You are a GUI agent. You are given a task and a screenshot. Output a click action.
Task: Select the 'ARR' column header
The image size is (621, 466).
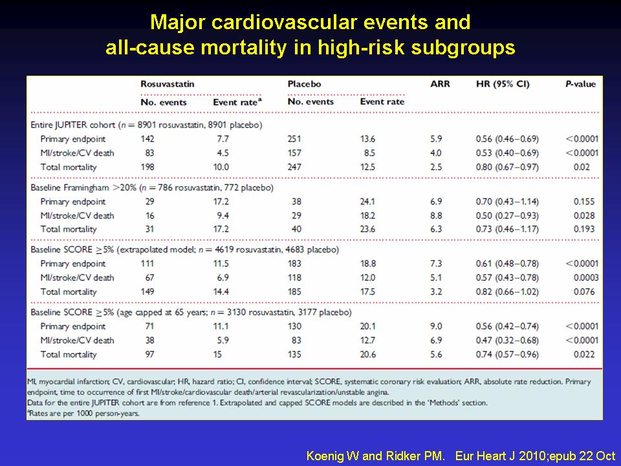pyautogui.click(x=440, y=84)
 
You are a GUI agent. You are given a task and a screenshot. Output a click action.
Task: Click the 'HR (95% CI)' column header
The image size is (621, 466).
pyautogui.click(x=503, y=84)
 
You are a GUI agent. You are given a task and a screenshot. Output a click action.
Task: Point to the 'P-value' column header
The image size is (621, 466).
pyautogui.click(x=580, y=84)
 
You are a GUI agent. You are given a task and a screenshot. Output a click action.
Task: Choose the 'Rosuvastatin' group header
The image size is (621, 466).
pyautogui.click(x=168, y=84)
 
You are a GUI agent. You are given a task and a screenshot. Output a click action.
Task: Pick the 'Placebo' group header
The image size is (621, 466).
pyautogui.click(x=304, y=84)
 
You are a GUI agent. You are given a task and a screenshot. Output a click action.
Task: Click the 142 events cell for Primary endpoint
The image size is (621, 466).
pyautogui.click(x=147, y=139)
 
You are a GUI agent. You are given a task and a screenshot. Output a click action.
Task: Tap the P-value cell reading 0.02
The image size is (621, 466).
pyautogui.click(x=582, y=167)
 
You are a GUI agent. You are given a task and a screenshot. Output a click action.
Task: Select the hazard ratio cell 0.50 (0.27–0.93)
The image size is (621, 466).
pyautogui.click(x=507, y=216)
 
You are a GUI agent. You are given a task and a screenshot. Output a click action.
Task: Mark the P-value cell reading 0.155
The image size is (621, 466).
pyautogui.click(x=584, y=202)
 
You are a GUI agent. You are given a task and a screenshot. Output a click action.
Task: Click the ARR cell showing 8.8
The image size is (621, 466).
pyautogui.click(x=436, y=216)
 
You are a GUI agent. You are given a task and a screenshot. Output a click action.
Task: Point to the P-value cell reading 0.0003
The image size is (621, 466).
pyautogui.click(x=586, y=278)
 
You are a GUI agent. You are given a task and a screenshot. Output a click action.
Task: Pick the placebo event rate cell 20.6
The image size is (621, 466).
pyautogui.click(x=368, y=355)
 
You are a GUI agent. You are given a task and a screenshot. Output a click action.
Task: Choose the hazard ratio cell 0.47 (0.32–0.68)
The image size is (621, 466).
pyautogui.click(x=507, y=340)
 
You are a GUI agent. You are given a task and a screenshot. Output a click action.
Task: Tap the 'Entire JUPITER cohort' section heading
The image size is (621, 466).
pyautogui.click(x=73, y=125)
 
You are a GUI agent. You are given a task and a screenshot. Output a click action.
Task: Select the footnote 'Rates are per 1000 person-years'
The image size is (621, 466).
pyautogui.click(x=83, y=414)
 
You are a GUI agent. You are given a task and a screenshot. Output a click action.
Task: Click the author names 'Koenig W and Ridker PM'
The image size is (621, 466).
pyautogui.click(x=375, y=456)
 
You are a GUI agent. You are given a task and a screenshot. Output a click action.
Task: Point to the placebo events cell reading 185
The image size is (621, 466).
pyautogui.click(x=294, y=292)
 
